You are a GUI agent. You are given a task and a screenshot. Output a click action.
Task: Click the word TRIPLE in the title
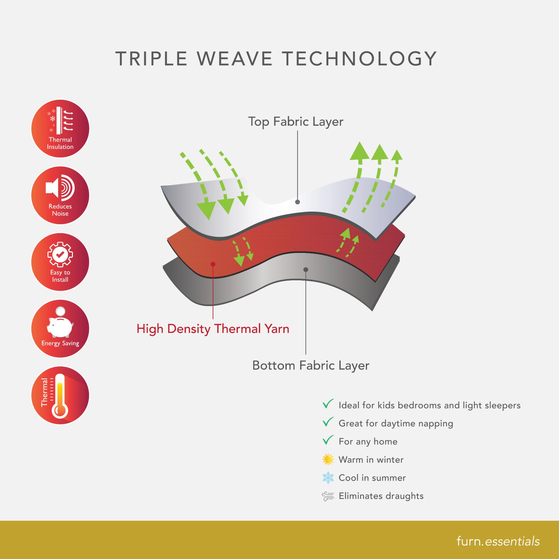pos(151,59)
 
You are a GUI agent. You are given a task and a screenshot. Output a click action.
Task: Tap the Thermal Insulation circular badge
pos(60,129)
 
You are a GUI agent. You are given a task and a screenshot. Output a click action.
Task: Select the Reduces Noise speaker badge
pos(60,195)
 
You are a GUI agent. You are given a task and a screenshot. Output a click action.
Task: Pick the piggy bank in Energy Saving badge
pos(60,326)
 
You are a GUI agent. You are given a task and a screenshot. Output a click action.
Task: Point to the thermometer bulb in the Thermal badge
pos(60,410)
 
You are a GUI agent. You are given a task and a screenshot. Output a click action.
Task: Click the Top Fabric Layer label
pos(296,122)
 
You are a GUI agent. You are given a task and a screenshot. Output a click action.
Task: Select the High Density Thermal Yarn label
pos(213,329)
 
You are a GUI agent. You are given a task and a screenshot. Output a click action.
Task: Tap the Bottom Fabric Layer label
pos(311,365)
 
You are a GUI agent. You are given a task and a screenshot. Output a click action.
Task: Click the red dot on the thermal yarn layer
pos(213,264)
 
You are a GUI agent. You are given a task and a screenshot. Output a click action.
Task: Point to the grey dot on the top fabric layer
pos(297,202)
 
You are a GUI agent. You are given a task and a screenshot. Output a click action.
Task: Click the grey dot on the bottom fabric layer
pos(306,270)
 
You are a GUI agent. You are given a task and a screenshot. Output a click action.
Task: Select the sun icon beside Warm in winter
pos(328,459)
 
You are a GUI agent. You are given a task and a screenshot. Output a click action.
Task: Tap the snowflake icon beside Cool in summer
pos(328,478)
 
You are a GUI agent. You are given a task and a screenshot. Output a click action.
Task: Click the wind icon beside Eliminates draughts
pos(328,496)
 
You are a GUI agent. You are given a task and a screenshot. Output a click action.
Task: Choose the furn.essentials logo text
pos(498,541)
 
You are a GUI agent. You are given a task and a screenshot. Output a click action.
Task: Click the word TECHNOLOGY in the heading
pos(359,59)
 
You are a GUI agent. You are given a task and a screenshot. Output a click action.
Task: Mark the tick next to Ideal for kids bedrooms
pos(328,404)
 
